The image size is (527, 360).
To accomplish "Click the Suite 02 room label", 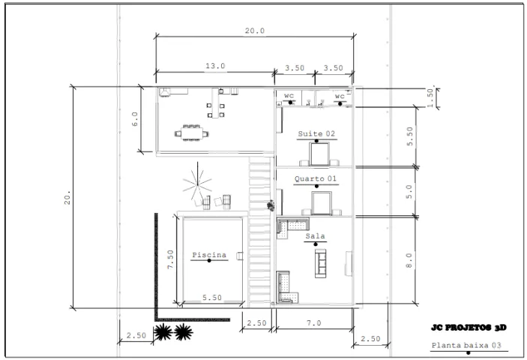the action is pos(316,133).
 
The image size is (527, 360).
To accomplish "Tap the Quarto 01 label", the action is pos(316,178).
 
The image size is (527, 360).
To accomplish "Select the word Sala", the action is pos(316,236).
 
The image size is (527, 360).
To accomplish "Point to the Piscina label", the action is pos(209,255).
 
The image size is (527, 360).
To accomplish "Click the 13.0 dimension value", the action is pos(215,66).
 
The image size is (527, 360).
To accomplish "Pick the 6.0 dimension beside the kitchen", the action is pos(134,119).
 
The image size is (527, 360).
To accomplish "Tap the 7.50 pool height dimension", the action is pos(170,259).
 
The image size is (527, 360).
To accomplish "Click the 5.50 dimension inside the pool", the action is pos(211,298).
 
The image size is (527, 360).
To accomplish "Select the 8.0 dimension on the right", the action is pos(409,260).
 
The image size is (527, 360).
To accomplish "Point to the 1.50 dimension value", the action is pos(430,97).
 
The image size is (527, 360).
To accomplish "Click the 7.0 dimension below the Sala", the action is pos(314,323).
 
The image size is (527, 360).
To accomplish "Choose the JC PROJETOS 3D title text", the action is pos(469,328).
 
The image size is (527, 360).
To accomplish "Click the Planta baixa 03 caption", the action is pos(466,345).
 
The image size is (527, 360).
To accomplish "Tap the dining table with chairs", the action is pos(192,133).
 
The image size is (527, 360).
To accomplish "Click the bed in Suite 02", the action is pos(319,154).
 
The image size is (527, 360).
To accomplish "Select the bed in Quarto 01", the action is pos(322,203).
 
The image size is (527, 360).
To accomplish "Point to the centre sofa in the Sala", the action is pos(320,263).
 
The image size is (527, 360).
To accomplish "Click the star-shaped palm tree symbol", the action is pos(197,181).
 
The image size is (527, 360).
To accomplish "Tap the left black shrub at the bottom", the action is pos(163,332).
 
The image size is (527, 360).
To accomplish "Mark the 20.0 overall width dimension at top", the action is pos(254,31).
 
